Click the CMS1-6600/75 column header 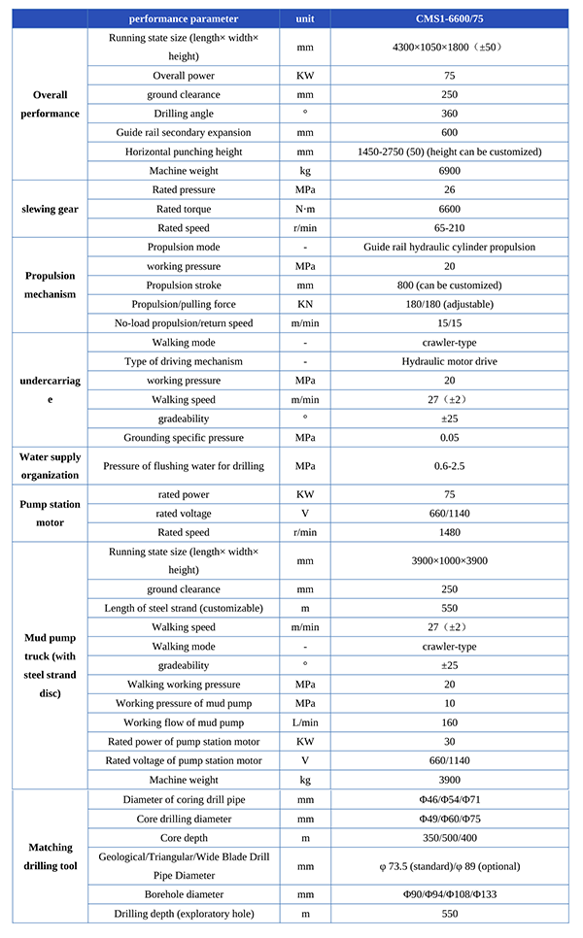click(x=449, y=18)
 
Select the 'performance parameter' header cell click(x=184, y=18)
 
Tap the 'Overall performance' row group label click(x=46, y=104)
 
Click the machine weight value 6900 click(x=449, y=171)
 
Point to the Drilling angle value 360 click(x=449, y=114)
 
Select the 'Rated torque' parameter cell click(x=184, y=209)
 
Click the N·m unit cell click(x=305, y=209)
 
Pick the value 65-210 click(x=449, y=228)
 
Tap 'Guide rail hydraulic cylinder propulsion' click(x=449, y=247)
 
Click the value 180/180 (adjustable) click(x=449, y=304)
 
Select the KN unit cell click(x=305, y=304)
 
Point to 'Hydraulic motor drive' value click(x=449, y=361)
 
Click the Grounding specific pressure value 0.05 click(x=449, y=438)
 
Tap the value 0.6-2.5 click(x=449, y=466)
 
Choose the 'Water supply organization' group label click(x=51, y=466)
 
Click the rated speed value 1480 click(x=449, y=532)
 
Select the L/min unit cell click(x=305, y=722)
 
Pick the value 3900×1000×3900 click(x=449, y=560)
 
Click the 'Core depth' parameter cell click(x=184, y=837)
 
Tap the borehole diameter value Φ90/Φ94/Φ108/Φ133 click(x=449, y=893)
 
